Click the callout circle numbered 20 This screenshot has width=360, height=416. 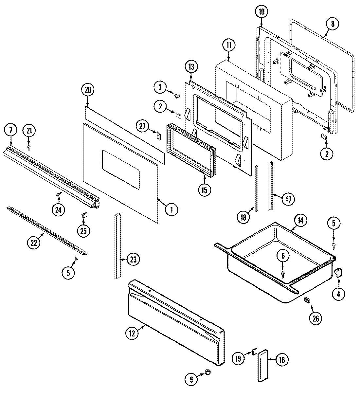tap(87, 90)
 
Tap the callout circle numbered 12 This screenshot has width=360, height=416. tap(132, 333)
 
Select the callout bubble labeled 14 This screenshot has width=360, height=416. tap(300, 221)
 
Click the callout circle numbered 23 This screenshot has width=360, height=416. tap(133, 260)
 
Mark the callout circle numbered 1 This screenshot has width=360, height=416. tap(171, 209)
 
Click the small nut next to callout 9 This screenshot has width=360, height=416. tap(207, 371)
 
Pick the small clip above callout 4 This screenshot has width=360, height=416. tap(338, 272)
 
